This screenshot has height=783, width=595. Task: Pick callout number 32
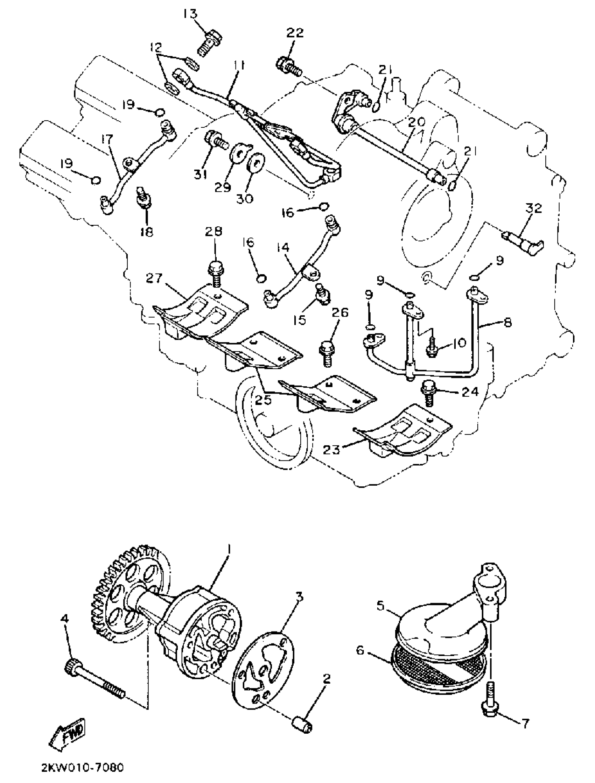[534, 209]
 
